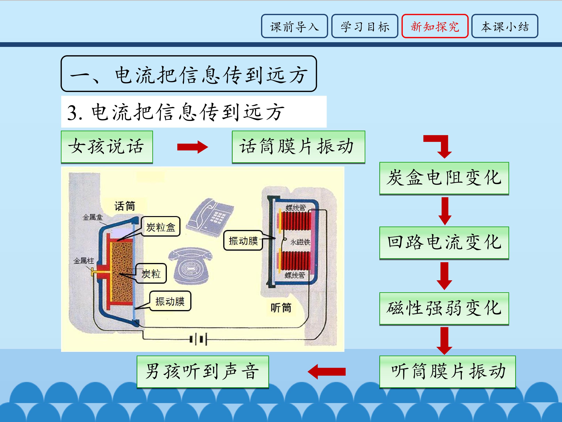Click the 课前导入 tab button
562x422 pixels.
(x=294, y=26)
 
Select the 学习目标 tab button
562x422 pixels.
(x=365, y=26)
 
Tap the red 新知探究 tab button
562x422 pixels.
(x=435, y=26)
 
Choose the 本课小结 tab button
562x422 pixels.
(x=505, y=26)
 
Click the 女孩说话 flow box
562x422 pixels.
(x=107, y=147)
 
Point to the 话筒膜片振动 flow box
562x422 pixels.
(x=298, y=147)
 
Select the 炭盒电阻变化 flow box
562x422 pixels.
(x=444, y=178)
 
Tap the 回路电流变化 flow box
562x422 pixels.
(x=444, y=243)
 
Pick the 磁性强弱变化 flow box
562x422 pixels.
(x=444, y=308)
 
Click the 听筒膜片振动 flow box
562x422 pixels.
(x=447, y=372)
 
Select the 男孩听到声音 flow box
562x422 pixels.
(x=203, y=372)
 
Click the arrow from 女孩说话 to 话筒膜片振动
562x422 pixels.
(x=192, y=147)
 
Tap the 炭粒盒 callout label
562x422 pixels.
(x=161, y=227)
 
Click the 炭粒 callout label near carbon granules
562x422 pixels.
(x=151, y=274)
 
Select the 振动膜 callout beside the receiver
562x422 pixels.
(x=243, y=241)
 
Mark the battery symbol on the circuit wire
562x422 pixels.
(x=199, y=339)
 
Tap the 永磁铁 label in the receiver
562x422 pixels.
(x=300, y=242)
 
